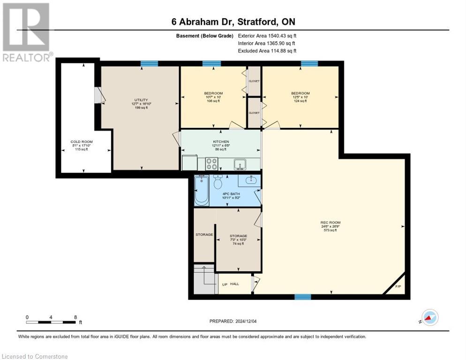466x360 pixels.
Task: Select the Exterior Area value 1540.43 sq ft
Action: [267, 36]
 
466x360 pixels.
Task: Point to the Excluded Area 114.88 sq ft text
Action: [267, 51]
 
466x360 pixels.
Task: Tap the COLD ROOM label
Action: [82, 142]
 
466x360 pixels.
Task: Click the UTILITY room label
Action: [141, 100]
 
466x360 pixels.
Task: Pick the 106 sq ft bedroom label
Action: [213, 93]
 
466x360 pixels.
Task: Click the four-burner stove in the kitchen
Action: [212, 164]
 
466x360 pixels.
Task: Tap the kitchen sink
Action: [240, 164]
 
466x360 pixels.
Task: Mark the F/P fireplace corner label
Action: [398, 286]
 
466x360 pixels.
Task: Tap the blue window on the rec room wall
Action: [302, 296]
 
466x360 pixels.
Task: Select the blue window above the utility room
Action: [149, 64]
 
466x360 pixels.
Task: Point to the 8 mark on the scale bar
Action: [75, 317]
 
